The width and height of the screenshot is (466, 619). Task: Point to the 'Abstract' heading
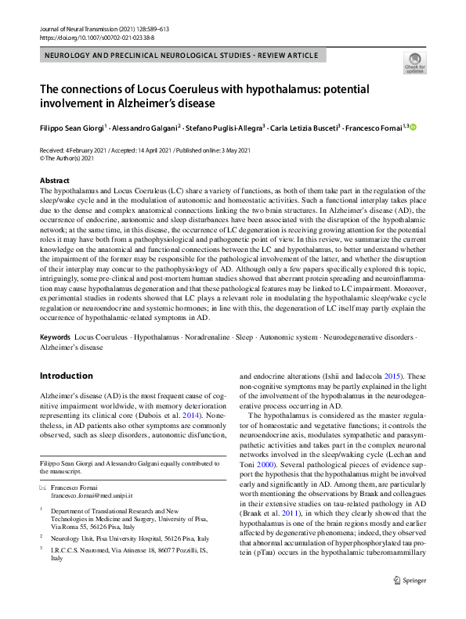54,180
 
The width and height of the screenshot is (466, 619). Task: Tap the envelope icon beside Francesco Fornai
43,487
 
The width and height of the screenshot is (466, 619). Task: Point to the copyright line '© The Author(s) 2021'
70,157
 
